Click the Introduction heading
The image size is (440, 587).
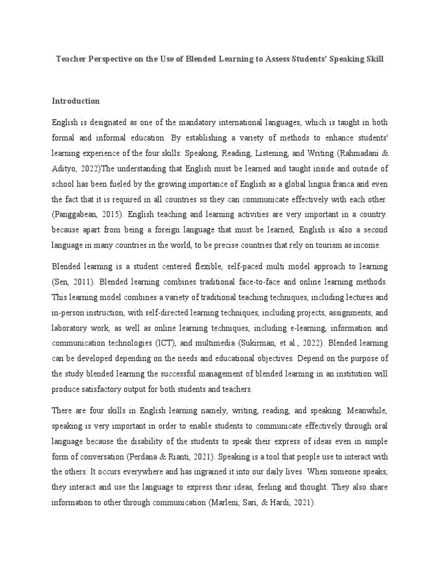pyautogui.click(x=76, y=101)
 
